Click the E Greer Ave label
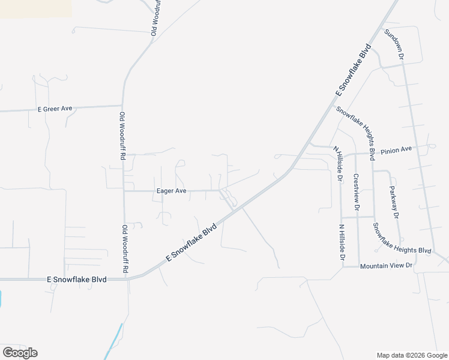coord(55,109)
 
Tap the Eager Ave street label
coord(171,191)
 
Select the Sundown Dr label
coord(394,44)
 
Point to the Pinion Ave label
coord(396,149)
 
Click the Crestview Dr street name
coord(356,192)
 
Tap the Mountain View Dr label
coord(386,265)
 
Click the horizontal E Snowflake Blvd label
coord(77,279)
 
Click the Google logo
coord(20,352)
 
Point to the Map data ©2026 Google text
coord(411,355)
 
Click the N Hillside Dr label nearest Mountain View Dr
coord(342,242)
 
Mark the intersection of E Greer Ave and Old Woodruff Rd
coord(122,106)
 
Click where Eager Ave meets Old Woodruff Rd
coord(124,191)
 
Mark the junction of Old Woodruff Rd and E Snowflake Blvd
coord(127,278)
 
